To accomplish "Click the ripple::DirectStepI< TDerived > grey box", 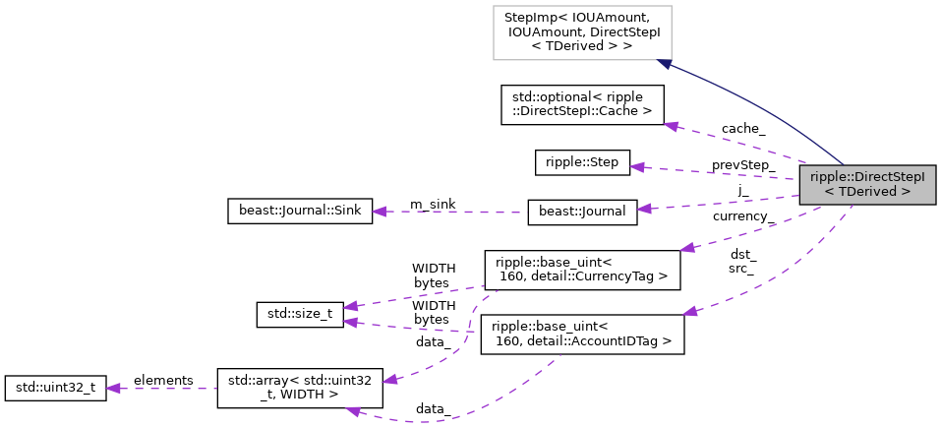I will (x=867, y=184).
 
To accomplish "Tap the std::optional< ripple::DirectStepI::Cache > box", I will (x=582, y=104).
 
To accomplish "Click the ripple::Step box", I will (x=582, y=162).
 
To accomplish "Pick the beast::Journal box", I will (x=582, y=212).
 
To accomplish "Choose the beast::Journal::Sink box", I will (x=299, y=211).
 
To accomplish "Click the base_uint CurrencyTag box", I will (x=582, y=270).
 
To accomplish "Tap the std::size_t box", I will (x=293, y=316).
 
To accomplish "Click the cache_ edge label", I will (x=742, y=129).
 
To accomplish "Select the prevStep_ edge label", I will (x=743, y=165).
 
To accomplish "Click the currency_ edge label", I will (x=743, y=215).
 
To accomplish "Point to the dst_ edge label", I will (x=742, y=254).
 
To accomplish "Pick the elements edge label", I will (x=162, y=380).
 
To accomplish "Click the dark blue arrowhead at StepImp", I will (x=664, y=64).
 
